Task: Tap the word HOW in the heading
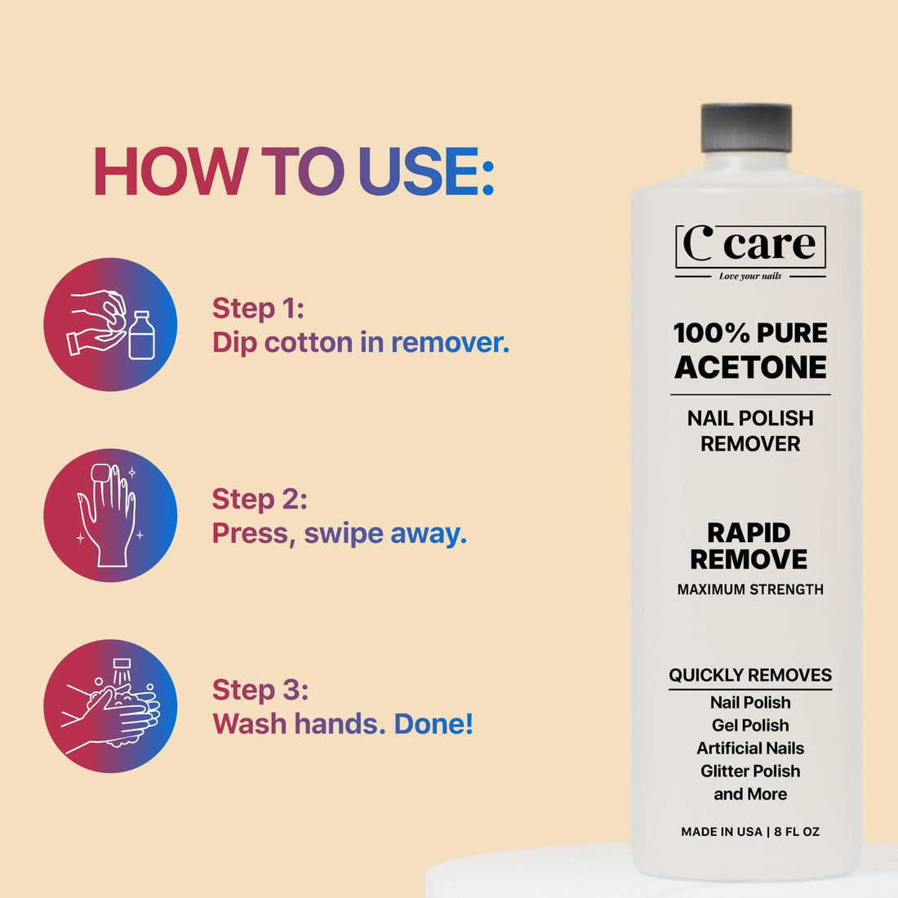170,172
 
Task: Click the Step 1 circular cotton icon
110,324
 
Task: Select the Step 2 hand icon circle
110,515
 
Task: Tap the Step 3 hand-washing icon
110,706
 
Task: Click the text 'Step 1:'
258,308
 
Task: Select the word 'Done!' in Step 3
433,723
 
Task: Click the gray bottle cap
746,129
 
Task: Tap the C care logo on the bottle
749,246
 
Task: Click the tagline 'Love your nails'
749,276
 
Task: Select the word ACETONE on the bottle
750,367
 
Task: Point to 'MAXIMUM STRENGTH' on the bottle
750,589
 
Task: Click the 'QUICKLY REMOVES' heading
750,675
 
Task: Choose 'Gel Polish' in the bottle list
750,725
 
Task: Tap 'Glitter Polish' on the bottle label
750,771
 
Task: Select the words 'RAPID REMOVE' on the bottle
749,545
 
